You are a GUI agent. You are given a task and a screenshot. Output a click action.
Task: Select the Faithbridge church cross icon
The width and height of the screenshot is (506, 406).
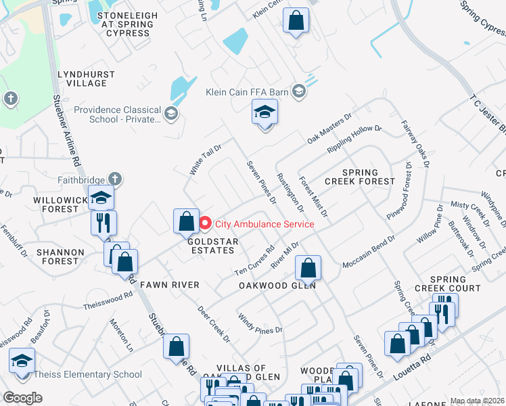pos(115,179)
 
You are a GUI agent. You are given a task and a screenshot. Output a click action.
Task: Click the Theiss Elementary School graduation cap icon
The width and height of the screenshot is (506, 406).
pos(22,362)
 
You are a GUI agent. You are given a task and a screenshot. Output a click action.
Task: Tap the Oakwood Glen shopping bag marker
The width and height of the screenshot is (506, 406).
pos(308,268)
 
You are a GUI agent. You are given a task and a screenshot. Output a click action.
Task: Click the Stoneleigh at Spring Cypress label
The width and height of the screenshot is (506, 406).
pos(123,24)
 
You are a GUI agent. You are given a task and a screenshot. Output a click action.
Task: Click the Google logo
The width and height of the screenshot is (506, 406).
pos(22,398)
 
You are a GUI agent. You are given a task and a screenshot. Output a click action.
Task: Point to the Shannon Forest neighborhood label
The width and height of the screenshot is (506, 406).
pos(61,256)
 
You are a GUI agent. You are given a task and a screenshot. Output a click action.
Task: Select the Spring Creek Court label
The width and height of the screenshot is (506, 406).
pos(447,284)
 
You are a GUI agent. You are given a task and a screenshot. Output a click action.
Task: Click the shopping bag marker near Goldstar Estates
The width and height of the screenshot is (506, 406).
pos(186,221)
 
